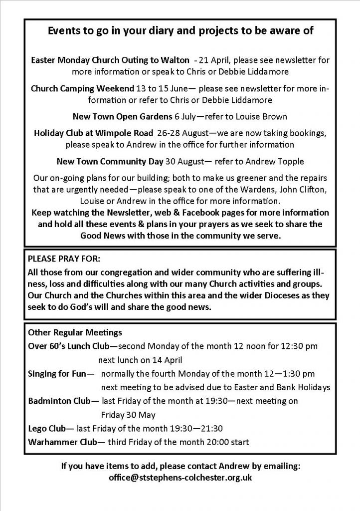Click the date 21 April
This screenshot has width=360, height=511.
216,60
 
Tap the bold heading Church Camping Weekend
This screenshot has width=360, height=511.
82,89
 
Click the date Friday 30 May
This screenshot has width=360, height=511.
128,415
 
